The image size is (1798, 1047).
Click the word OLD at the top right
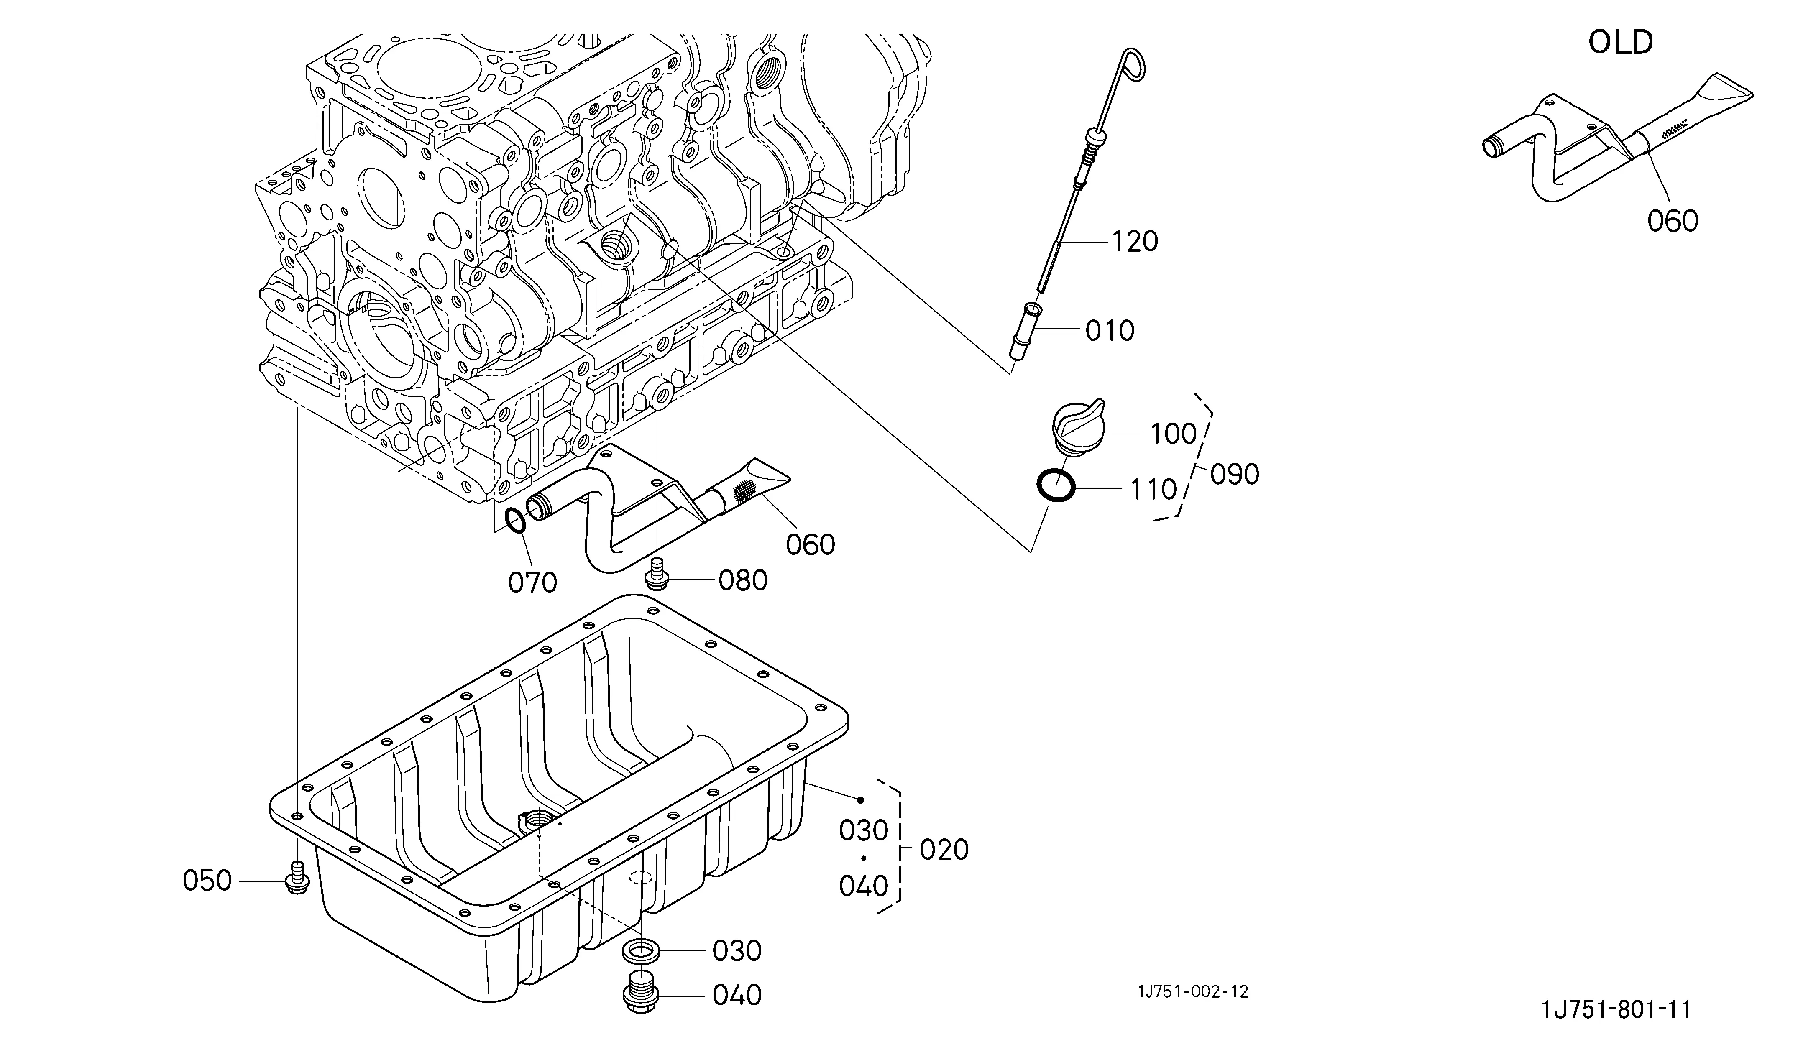(1620, 43)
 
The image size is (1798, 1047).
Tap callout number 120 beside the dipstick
(1134, 242)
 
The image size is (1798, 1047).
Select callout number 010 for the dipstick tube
(1110, 330)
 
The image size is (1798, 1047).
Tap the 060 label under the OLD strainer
(1673, 221)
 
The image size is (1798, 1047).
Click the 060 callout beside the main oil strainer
(811, 545)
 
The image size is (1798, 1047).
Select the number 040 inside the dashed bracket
(863, 886)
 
